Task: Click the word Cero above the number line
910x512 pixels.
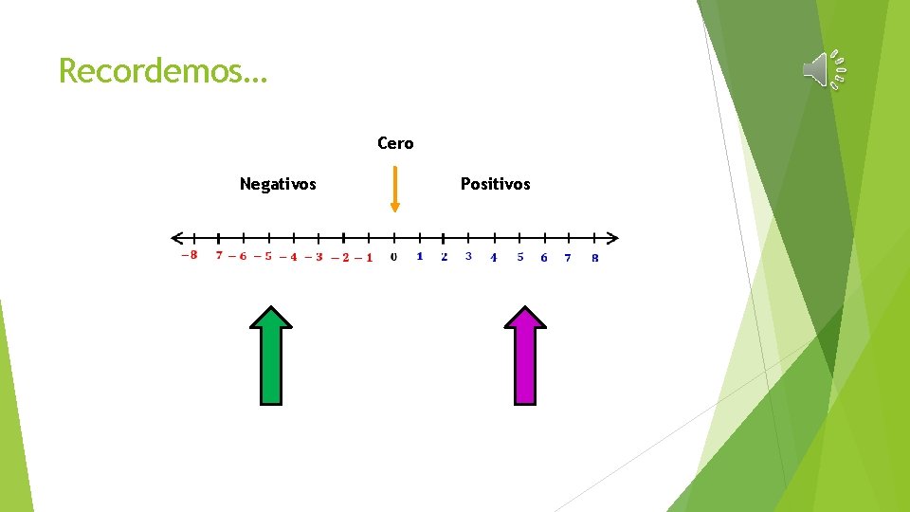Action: tap(395, 143)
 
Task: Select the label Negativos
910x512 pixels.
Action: tap(278, 184)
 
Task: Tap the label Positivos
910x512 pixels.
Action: tap(495, 184)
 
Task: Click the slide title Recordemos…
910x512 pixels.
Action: tap(163, 70)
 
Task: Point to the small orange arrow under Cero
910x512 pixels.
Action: tap(395, 191)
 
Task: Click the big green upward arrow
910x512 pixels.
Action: tap(271, 356)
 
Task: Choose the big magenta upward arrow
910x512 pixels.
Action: tap(525, 356)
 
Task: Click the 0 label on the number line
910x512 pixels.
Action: tap(393, 257)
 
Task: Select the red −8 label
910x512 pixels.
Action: tap(190, 254)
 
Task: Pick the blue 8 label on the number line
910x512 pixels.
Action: tap(594, 258)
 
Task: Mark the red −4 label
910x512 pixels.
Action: tap(288, 257)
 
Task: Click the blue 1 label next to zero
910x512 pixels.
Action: tap(419, 256)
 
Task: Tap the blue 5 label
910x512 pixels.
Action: tap(519, 257)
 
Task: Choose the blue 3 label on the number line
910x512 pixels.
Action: tap(468, 256)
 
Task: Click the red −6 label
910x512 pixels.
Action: tap(237, 256)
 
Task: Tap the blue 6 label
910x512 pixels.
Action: tap(543, 258)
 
